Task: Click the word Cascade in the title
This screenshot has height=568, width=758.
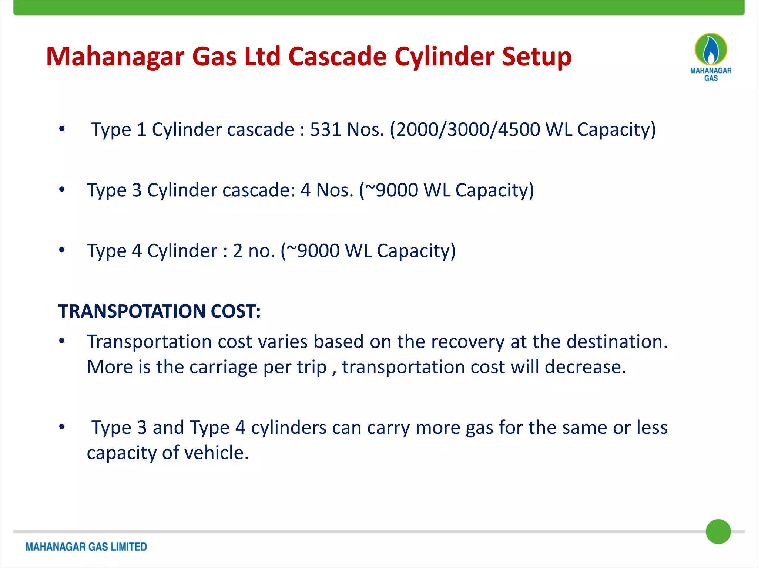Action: point(337,57)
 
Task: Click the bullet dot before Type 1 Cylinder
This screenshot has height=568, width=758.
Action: point(62,129)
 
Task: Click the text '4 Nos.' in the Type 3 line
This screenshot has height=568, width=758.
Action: point(327,190)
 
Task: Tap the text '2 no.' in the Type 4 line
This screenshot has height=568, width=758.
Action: point(254,251)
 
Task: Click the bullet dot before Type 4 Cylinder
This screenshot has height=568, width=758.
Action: point(62,250)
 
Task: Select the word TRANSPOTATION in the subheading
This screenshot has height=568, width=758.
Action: point(132,311)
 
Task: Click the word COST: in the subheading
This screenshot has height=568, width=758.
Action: point(236,311)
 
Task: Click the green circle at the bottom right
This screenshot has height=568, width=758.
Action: point(718,532)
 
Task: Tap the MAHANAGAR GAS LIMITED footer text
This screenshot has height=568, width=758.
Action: point(86,547)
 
